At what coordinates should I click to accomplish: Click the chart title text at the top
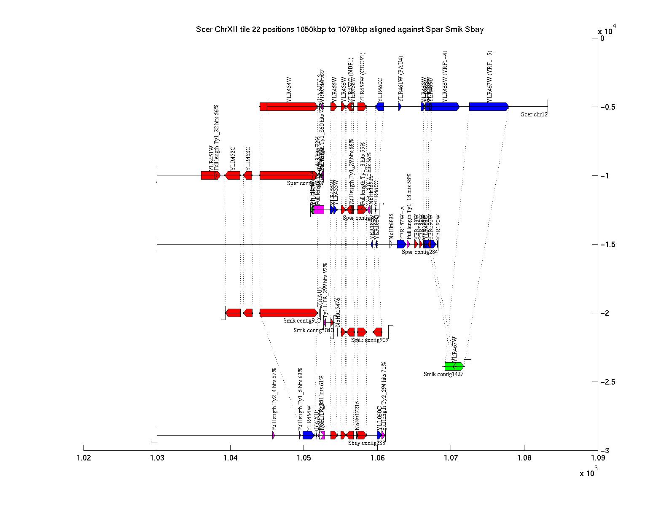click(339, 30)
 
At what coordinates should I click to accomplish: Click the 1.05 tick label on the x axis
click(304, 458)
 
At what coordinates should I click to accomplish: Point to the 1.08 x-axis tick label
click(524, 458)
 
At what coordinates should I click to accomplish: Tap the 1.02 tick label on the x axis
click(83, 458)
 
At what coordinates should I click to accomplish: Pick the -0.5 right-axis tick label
click(607, 107)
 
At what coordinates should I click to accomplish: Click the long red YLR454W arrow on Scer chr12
click(289, 107)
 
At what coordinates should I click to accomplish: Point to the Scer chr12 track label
click(534, 114)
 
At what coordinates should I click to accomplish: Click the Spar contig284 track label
click(419, 252)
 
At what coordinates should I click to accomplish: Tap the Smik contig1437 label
click(443, 374)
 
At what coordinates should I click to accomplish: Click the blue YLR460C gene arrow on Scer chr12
click(380, 107)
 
